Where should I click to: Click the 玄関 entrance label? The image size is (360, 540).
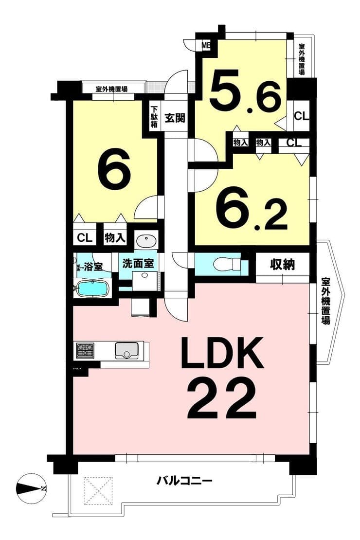(175, 118)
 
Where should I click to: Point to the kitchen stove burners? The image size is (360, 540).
(85, 350)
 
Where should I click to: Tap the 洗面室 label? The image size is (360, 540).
(138, 264)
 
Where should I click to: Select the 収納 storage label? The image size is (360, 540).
(283, 265)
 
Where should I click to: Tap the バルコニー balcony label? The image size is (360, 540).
(184, 480)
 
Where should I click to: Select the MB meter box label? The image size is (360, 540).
(206, 45)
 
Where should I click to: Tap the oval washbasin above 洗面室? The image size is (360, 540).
(146, 240)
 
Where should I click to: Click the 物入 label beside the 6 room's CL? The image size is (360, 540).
(115, 237)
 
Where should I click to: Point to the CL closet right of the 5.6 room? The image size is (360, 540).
(302, 116)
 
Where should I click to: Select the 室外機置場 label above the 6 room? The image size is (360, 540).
(111, 89)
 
